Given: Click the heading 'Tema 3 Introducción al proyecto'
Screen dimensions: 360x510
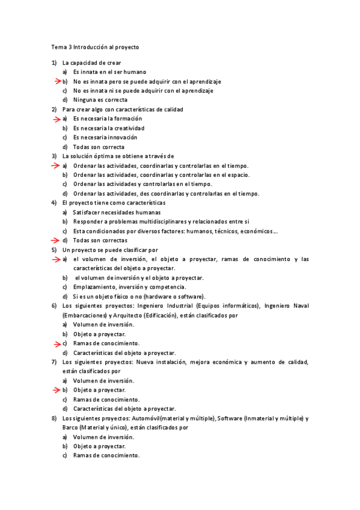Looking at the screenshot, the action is pyautogui.click(x=95, y=46).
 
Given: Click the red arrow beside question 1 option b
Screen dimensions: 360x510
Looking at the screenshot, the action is pyautogui.click(x=55, y=81).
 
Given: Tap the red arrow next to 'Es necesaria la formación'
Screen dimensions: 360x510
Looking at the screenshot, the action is pyautogui.click(x=55, y=118).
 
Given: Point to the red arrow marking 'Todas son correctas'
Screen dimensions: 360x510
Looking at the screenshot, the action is pyautogui.click(x=55, y=241).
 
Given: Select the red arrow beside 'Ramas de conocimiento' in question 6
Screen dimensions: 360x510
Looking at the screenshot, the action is pyautogui.click(x=55, y=343).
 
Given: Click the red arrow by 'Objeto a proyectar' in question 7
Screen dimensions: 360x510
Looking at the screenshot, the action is pyautogui.click(x=55, y=390).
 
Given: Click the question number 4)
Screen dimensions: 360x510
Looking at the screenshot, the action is pyautogui.click(x=54, y=203).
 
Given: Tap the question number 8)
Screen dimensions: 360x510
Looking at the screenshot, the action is pyautogui.click(x=54, y=418).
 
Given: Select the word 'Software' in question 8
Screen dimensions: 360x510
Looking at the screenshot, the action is pyautogui.click(x=230, y=418).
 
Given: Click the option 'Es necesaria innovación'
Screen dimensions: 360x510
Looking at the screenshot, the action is pyautogui.click(x=105, y=137).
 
